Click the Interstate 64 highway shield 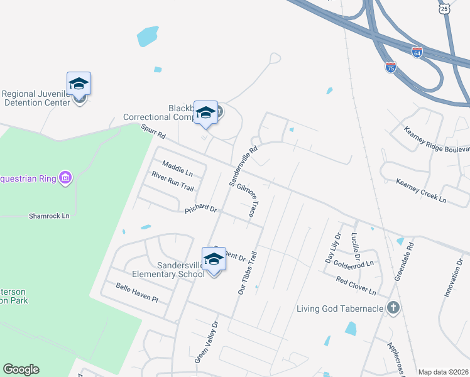pyautogui.click(x=418, y=52)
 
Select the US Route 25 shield pyautogui.click(x=444, y=8)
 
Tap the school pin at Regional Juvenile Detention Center pyautogui.click(x=79, y=84)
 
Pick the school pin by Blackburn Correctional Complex pyautogui.click(x=205, y=113)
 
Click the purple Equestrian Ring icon pyautogui.click(x=65, y=178)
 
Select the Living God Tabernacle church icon pyautogui.click(x=393, y=308)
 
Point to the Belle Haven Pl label pyautogui.click(x=137, y=292)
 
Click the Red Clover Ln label pyautogui.click(x=355, y=285)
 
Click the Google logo pyautogui.click(x=21, y=369)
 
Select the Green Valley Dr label pyautogui.click(x=206, y=342)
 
